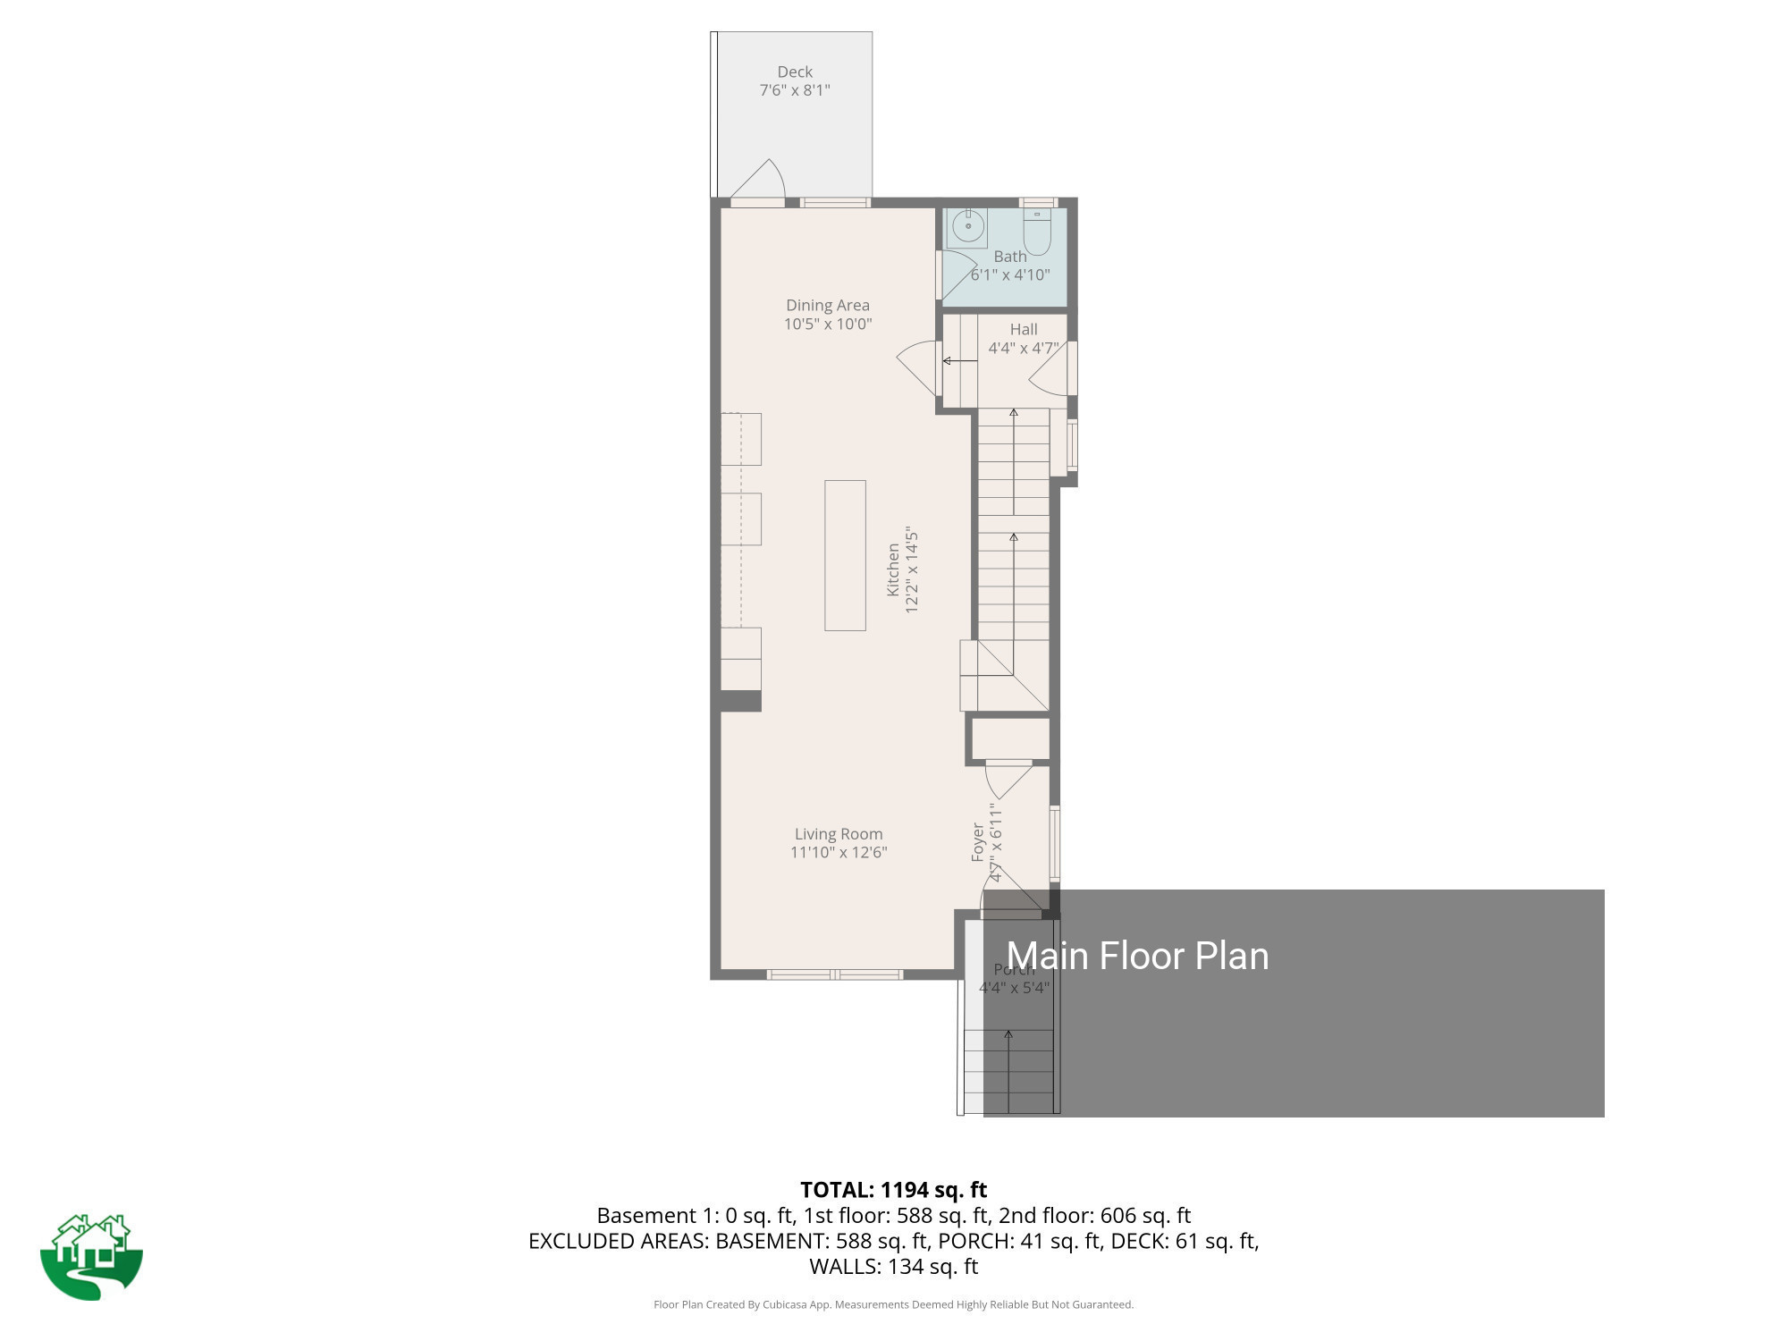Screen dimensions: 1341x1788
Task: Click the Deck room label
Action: pos(795,72)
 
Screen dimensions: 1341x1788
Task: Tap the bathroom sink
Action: pos(967,226)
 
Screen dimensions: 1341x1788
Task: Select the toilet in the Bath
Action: pos(1037,233)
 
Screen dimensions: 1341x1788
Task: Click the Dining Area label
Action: pos(827,305)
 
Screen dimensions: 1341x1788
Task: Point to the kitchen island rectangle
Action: pos(845,555)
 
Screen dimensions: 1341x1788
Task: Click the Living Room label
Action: pos(838,834)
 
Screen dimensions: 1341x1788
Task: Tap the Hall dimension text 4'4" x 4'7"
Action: pos(1023,348)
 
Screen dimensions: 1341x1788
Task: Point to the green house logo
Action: pos(91,1256)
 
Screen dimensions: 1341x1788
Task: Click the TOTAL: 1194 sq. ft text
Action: pos(893,1190)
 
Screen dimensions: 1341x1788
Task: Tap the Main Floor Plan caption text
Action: pos(1137,956)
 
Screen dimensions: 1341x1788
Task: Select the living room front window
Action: pos(835,974)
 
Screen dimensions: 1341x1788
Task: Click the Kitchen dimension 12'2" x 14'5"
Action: pos(912,569)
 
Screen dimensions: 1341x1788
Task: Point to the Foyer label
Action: pos(978,842)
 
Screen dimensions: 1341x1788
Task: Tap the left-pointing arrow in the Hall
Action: pos(959,361)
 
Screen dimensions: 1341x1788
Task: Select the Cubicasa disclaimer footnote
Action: pos(893,1304)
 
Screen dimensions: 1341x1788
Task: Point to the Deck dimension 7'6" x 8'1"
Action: pos(795,90)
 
